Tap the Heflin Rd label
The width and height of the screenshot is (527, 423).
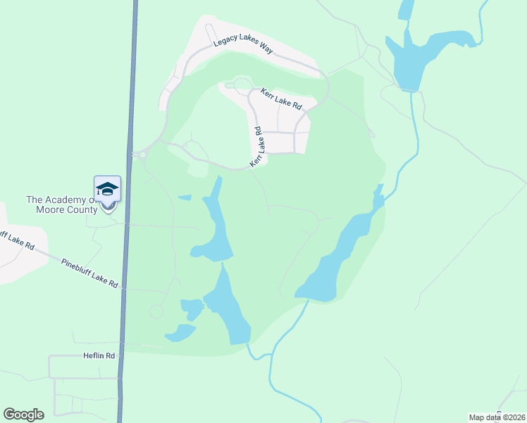pyautogui.click(x=100, y=356)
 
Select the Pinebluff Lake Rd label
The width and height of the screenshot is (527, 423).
pyautogui.click(x=89, y=271)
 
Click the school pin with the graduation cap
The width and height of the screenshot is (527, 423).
pyautogui.click(x=107, y=190)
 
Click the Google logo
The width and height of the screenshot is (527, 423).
pyautogui.click(x=23, y=414)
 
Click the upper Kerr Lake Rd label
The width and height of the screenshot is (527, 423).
pyautogui.click(x=281, y=99)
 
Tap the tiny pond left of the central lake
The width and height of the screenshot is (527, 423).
pyautogui.click(x=184, y=197)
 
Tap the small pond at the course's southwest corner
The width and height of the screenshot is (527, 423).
pyautogui.click(x=180, y=333)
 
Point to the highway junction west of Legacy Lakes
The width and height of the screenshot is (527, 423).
pyautogui.click(x=139, y=154)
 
